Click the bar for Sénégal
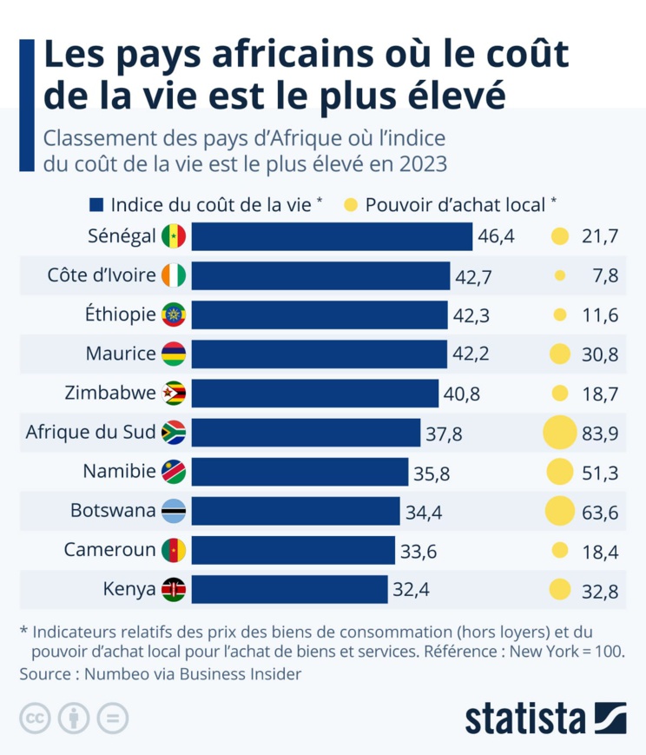point(331,236)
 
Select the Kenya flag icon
point(174,590)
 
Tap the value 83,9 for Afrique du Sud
point(600,434)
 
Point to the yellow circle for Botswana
point(560,512)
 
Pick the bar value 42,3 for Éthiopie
point(471,315)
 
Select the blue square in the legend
point(96,205)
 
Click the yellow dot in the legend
point(350,205)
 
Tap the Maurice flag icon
point(174,354)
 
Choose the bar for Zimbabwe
point(314,394)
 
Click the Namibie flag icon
point(174,473)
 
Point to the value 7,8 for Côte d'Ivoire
point(605,276)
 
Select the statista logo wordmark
point(525,719)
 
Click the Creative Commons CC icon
point(35,719)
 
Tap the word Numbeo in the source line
point(109,674)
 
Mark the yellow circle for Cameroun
point(560,551)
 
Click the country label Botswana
point(113,511)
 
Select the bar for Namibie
point(300,473)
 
